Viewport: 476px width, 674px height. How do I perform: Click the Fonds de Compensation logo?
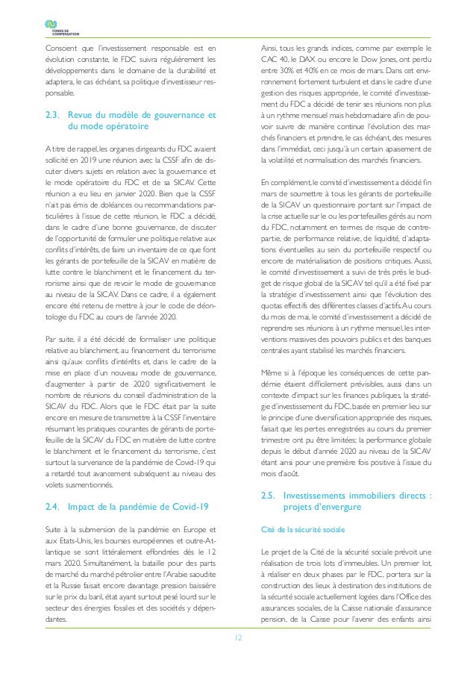59,27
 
